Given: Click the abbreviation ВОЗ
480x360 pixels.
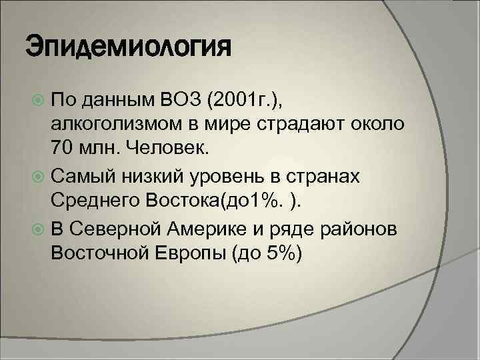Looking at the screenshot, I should pyautogui.click(x=183, y=101).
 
